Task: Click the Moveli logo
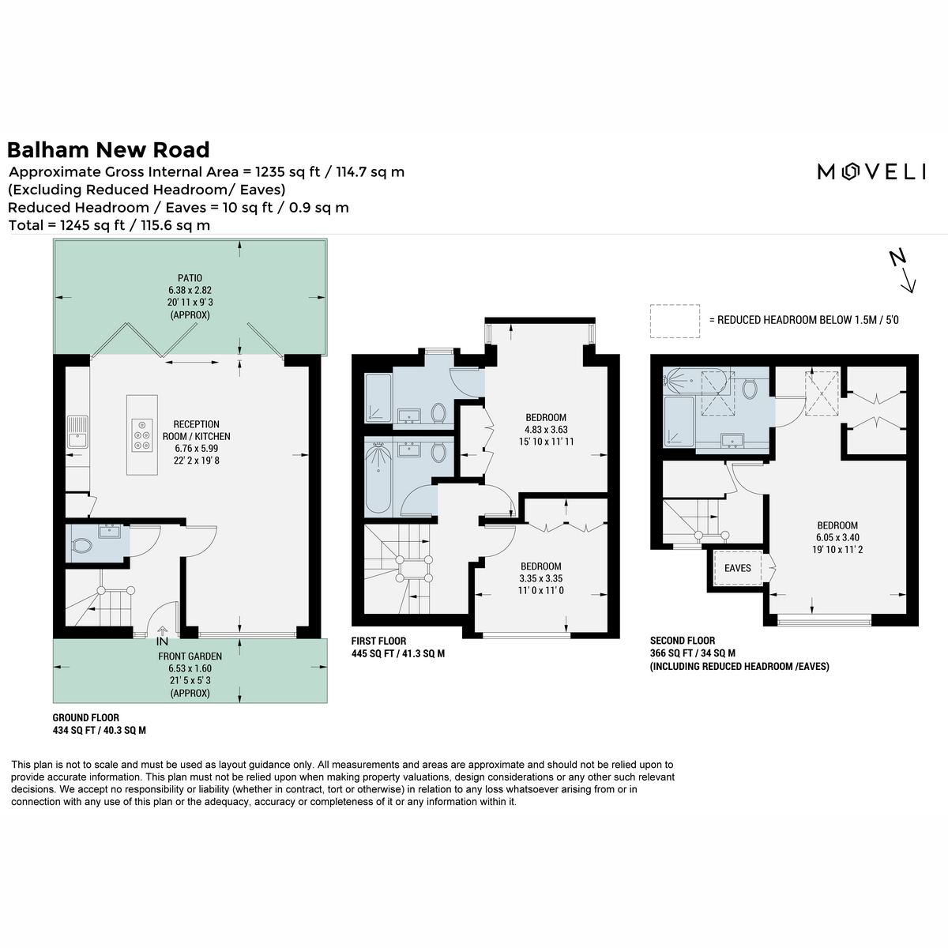(x=871, y=171)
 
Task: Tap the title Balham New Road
(x=108, y=150)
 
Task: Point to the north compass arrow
(x=903, y=272)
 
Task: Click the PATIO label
(x=190, y=278)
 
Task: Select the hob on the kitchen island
(x=142, y=435)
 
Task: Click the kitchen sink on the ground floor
(x=77, y=432)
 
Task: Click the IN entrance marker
(x=163, y=641)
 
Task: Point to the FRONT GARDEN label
(x=190, y=656)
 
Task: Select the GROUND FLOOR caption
(x=85, y=718)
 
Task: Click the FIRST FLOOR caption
(x=379, y=641)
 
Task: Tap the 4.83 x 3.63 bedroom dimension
(x=546, y=430)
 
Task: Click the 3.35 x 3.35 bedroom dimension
(x=541, y=578)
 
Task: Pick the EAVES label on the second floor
(x=737, y=568)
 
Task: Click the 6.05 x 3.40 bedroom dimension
(x=838, y=538)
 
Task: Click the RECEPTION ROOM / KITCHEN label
(x=197, y=430)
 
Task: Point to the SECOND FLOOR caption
(x=683, y=641)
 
